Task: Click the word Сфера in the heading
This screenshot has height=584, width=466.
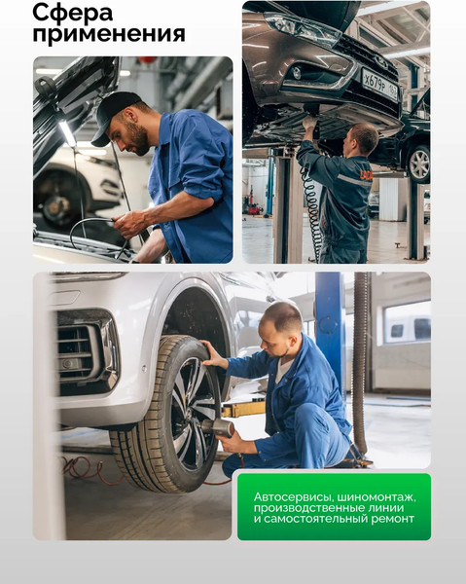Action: pyautogui.click(x=73, y=13)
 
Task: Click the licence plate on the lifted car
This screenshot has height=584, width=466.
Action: pyautogui.click(x=380, y=85)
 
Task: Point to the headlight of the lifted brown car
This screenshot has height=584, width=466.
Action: pyautogui.click(x=303, y=26)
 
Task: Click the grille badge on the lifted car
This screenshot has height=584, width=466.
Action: pyautogui.click(x=380, y=60)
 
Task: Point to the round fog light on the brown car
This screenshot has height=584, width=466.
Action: pyautogui.click(x=297, y=73)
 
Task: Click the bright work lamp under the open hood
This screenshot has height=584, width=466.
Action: pyautogui.click(x=67, y=133)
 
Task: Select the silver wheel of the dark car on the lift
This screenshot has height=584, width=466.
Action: pyautogui.click(x=419, y=164)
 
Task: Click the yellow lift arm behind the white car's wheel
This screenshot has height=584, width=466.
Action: pyautogui.click(x=242, y=409)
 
